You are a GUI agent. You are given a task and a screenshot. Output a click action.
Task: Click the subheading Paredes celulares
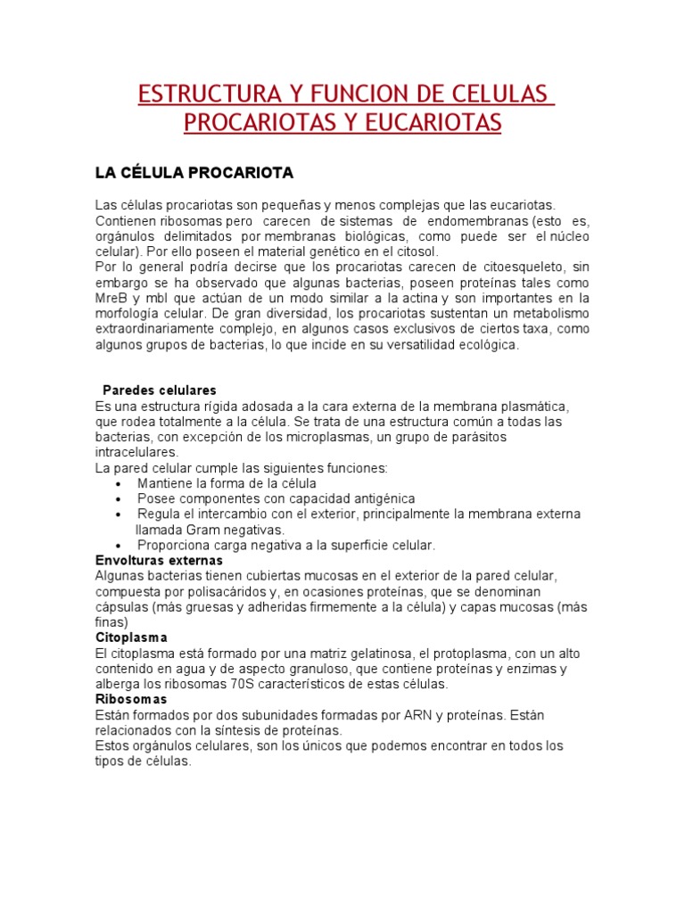[x=160, y=391]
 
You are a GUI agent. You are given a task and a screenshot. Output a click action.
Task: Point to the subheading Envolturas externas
[x=159, y=561]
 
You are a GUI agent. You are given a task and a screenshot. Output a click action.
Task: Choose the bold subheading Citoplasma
[x=131, y=638]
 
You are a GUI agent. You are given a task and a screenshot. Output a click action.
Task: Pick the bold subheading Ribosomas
[x=131, y=700]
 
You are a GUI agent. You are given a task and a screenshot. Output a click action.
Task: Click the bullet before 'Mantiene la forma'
[x=119, y=483]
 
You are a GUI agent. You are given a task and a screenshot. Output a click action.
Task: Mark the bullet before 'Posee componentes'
[x=119, y=499]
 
